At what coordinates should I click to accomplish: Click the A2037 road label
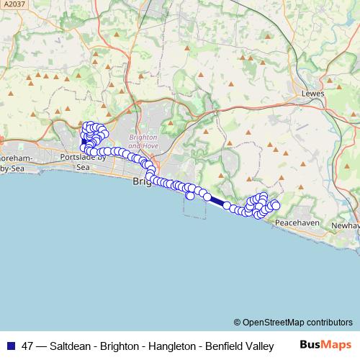coord(14,5)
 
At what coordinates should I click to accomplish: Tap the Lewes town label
coord(313,94)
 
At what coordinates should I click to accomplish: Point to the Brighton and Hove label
coord(143,140)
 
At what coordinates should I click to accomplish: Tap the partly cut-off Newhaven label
coord(346,225)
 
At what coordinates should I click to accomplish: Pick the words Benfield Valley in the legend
coord(239,346)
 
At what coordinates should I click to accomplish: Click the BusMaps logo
coord(326,346)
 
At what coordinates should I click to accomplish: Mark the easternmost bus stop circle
coord(275,206)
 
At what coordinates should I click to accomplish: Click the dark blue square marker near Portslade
coord(84,142)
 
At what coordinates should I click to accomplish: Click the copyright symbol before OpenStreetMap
coord(237,323)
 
